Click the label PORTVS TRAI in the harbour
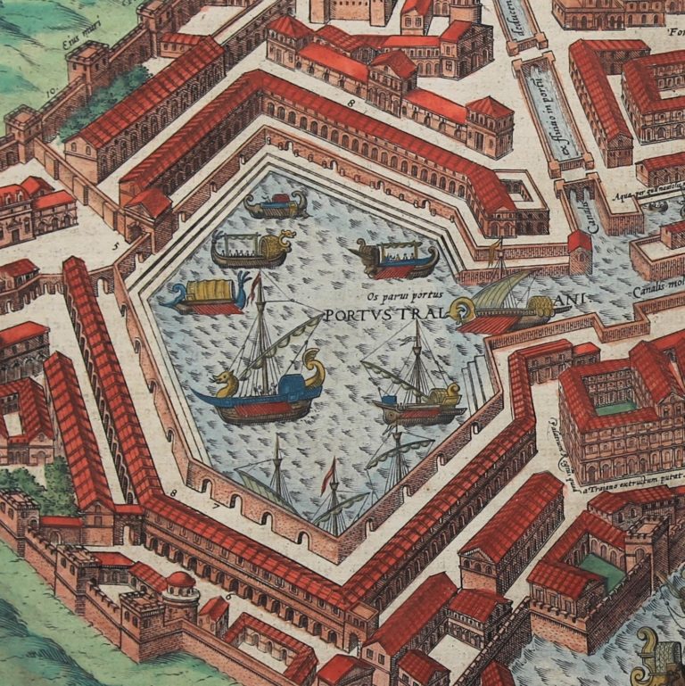384,315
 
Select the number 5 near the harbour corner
115,243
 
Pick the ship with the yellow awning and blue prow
204,293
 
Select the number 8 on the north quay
351,106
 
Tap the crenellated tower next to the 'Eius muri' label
87,65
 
